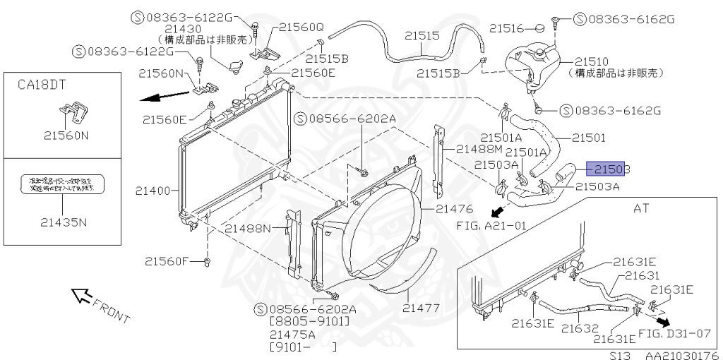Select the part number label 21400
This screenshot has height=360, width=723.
153,191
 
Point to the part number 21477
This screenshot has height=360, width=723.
422,308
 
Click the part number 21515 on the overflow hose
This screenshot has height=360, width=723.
422,35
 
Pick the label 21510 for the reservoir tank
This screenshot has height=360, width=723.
591,61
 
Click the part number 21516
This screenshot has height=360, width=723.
506,28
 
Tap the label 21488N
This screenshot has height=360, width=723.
248,228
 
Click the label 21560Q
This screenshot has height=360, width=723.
301,27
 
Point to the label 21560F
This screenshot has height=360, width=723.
167,261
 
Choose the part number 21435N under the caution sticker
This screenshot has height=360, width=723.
63,222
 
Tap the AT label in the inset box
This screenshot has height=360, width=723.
640,209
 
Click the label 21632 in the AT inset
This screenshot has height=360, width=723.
580,328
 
